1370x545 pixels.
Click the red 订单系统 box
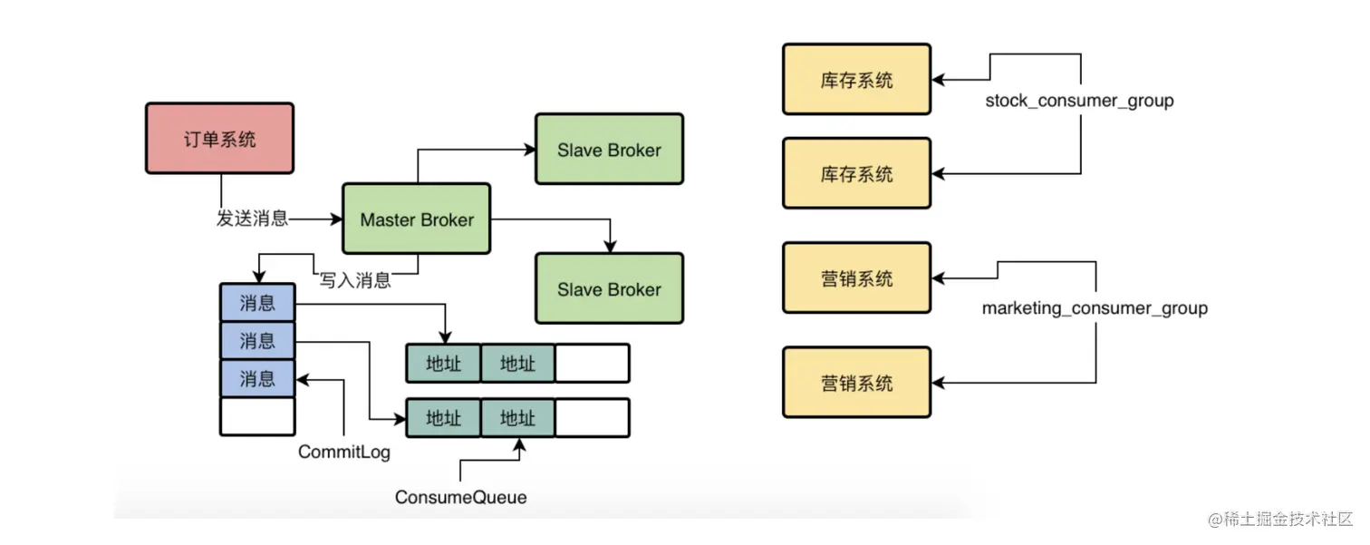[219, 138]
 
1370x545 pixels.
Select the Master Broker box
[417, 219]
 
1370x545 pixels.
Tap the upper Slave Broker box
[609, 150]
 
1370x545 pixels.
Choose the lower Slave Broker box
[609, 289]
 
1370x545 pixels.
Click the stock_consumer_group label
[1079, 101]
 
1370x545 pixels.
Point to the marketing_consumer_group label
[1095, 308]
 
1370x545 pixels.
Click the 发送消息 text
[253, 219]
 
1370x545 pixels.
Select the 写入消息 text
[355, 280]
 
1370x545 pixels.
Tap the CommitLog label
[344, 452]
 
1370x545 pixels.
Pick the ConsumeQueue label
[460, 497]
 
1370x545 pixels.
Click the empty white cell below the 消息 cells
[257, 416]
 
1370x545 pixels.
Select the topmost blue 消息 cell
[257, 302]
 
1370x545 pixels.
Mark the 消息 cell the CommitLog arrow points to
[257, 377]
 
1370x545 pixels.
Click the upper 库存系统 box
[856, 80]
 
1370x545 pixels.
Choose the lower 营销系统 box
[856, 383]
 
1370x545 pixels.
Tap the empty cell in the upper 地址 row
[592, 364]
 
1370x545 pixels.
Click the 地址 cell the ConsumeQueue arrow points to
[517, 418]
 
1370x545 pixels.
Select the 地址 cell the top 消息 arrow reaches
[443, 364]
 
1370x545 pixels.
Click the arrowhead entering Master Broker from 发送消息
[336, 219]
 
